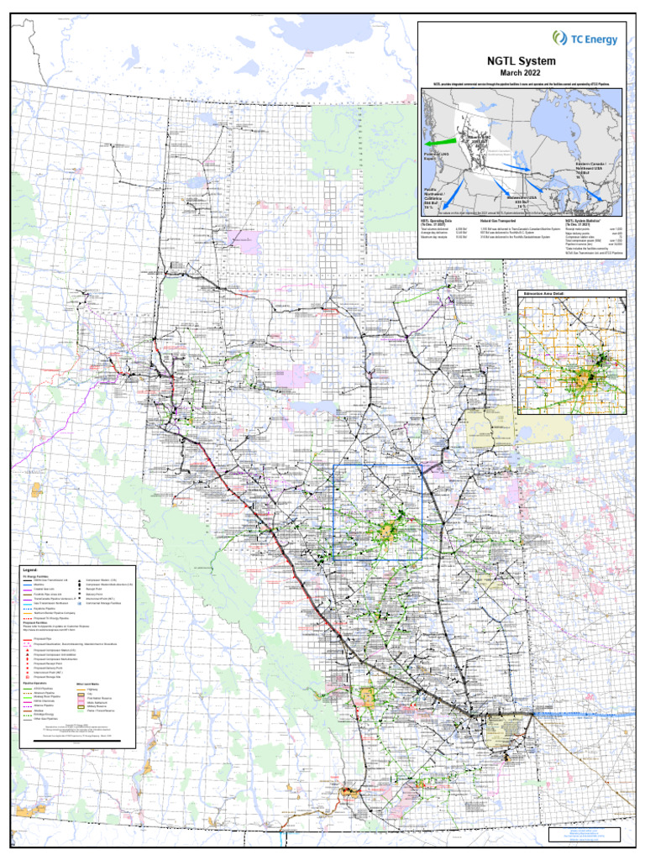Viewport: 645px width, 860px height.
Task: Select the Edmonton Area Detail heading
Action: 544,295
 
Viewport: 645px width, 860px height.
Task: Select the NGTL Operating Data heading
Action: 438,222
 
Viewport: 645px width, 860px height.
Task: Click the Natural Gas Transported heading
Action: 497,222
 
